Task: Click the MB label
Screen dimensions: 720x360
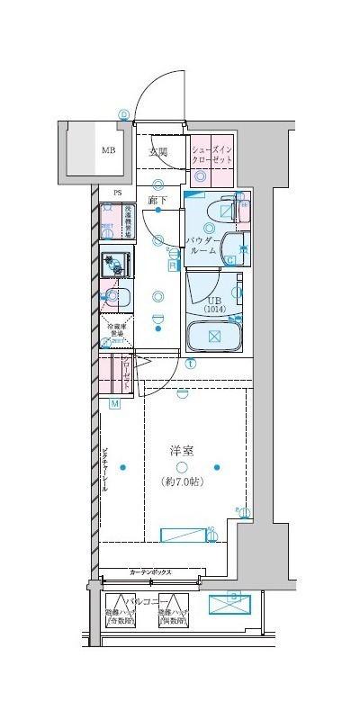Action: (x=108, y=151)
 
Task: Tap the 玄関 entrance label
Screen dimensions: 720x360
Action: (x=159, y=152)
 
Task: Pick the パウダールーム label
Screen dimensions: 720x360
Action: (x=202, y=246)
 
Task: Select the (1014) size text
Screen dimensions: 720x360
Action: (x=214, y=310)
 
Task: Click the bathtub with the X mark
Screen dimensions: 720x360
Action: (x=214, y=337)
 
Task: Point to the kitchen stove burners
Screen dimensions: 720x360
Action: (x=114, y=265)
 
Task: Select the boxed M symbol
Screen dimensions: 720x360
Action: (x=115, y=404)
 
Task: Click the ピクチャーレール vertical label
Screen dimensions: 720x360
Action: (x=105, y=471)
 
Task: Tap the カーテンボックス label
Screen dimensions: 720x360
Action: (x=150, y=572)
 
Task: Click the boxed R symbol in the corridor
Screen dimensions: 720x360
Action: (x=172, y=265)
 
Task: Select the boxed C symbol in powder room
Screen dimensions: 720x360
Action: (x=230, y=261)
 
